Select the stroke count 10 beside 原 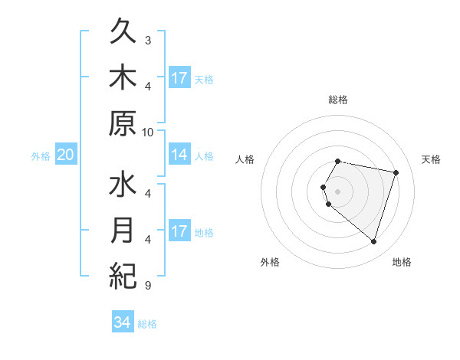[148, 132]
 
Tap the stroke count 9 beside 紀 [148, 285]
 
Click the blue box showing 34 [123, 322]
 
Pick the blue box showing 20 [65, 155]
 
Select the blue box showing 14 [179, 155]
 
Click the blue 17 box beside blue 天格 [179, 78]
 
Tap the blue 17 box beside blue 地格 [179, 231]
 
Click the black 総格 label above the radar [337, 100]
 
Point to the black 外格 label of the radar [270, 262]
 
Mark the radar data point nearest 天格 [396, 172]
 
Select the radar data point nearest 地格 [373, 242]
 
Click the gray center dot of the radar [337, 191]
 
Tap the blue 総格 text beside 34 [147, 324]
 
